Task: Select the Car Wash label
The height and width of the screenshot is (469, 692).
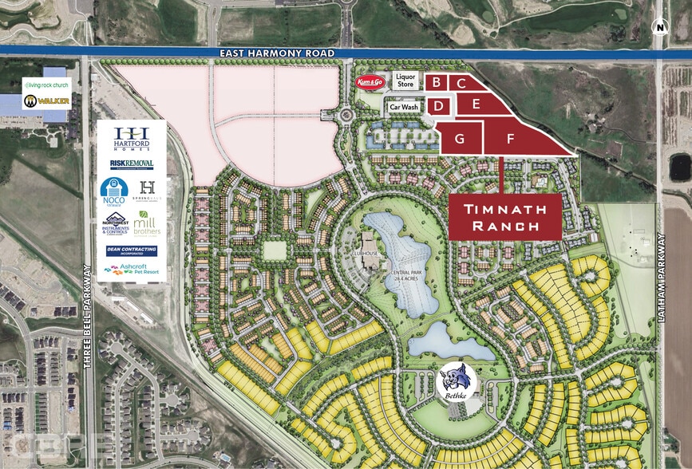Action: click(404, 107)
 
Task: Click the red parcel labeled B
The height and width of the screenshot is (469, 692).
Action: click(436, 81)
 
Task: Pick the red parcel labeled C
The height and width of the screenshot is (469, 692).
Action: click(461, 83)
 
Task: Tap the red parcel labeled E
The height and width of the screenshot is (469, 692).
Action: click(476, 104)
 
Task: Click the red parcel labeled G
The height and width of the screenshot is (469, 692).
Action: click(459, 136)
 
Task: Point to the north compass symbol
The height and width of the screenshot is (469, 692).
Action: click(659, 26)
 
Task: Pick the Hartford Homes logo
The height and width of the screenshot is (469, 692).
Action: click(132, 138)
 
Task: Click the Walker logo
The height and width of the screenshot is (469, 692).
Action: click(35, 101)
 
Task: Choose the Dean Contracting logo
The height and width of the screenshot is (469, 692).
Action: click(132, 250)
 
